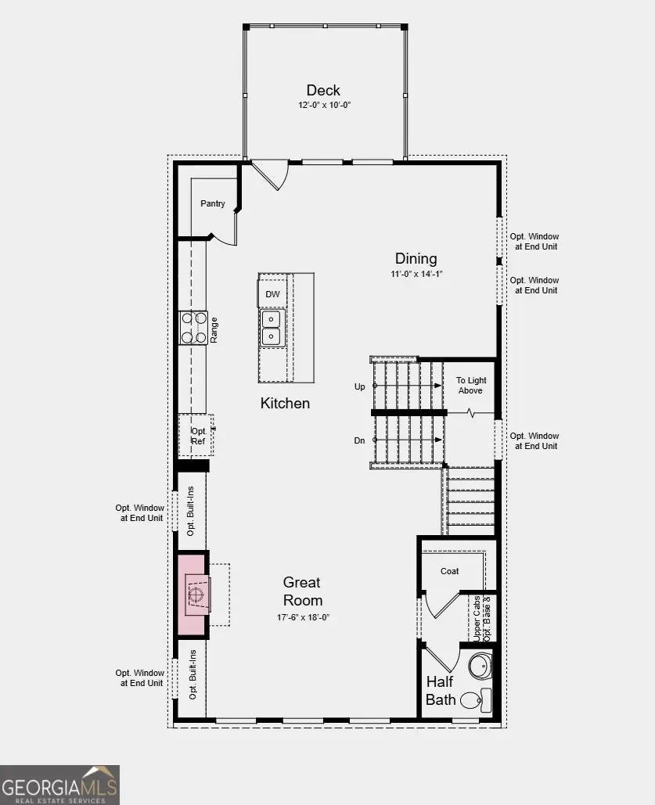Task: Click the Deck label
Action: click(323, 90)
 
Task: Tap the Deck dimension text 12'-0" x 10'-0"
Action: click(323, 105)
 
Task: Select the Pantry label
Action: click(212, 203)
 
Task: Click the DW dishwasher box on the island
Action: click(272, 294)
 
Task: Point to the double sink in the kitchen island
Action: click(272, 328)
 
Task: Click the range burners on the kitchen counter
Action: click(193, 328)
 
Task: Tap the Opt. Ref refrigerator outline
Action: click(199, 436)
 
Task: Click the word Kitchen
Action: click(285, 404)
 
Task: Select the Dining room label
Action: click(416, 259)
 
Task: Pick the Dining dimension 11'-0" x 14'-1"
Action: click(416, 274)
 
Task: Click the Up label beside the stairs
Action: click(360, 386)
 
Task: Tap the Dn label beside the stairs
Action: click(360, 440)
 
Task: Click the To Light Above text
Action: click(470, 386)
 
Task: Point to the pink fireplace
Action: click(193, 595)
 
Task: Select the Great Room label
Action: click(302, 591)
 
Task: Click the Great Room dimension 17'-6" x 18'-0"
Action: click(302, 617)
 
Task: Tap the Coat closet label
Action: click(449, 571)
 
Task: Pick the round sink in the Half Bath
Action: click(479, 667)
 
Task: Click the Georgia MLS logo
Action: click(59, 785)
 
